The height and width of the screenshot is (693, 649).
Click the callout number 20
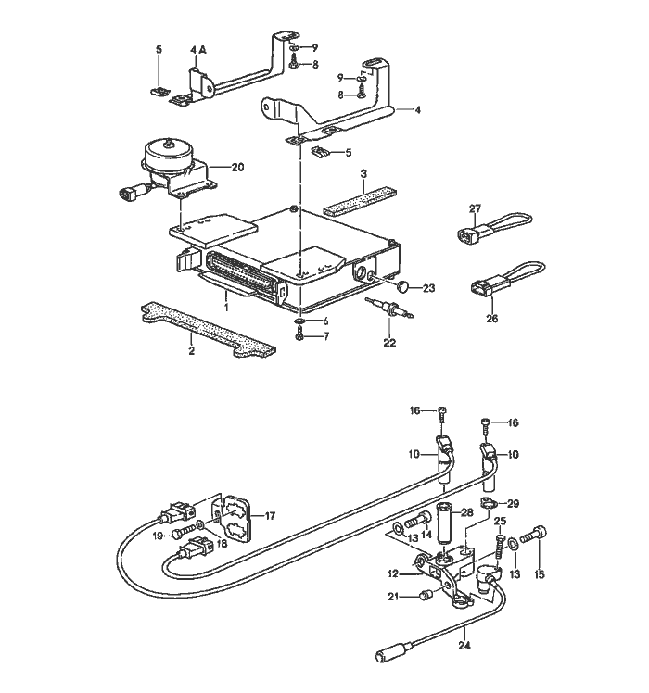coord(237,168)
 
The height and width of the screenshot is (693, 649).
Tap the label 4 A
coord(198,49)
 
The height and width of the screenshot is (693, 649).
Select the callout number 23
coord(428,289)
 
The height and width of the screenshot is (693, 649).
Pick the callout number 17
coord(271,515)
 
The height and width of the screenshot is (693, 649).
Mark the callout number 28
coord(466,512)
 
